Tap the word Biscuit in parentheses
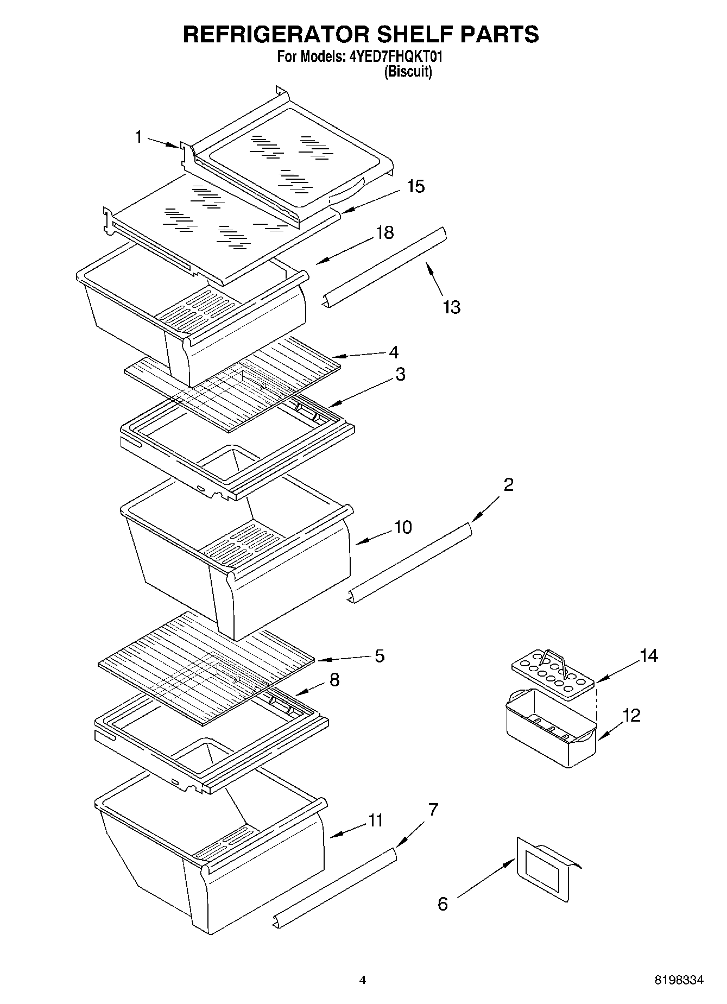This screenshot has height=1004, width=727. click(408, 72)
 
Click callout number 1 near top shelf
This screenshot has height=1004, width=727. click(139, 137)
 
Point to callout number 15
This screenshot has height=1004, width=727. click(416, 187)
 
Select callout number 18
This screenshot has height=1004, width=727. click(384, 233)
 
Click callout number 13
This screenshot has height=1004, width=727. click(451, 307)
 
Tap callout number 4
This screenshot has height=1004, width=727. click(394, 352)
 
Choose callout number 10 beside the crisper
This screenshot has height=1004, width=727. click(403, 527)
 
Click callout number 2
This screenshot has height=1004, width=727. click(508, 484)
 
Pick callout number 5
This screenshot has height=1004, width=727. click(379, 656)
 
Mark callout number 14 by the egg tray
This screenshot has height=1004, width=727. click(648, 656)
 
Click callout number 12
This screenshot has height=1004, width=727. click(631, 715)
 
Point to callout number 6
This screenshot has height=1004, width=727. click(442, 904)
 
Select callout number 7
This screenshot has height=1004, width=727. click(433, 810)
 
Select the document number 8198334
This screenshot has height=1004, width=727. click(678, 980)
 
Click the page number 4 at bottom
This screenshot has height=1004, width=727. click(363, 980)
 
